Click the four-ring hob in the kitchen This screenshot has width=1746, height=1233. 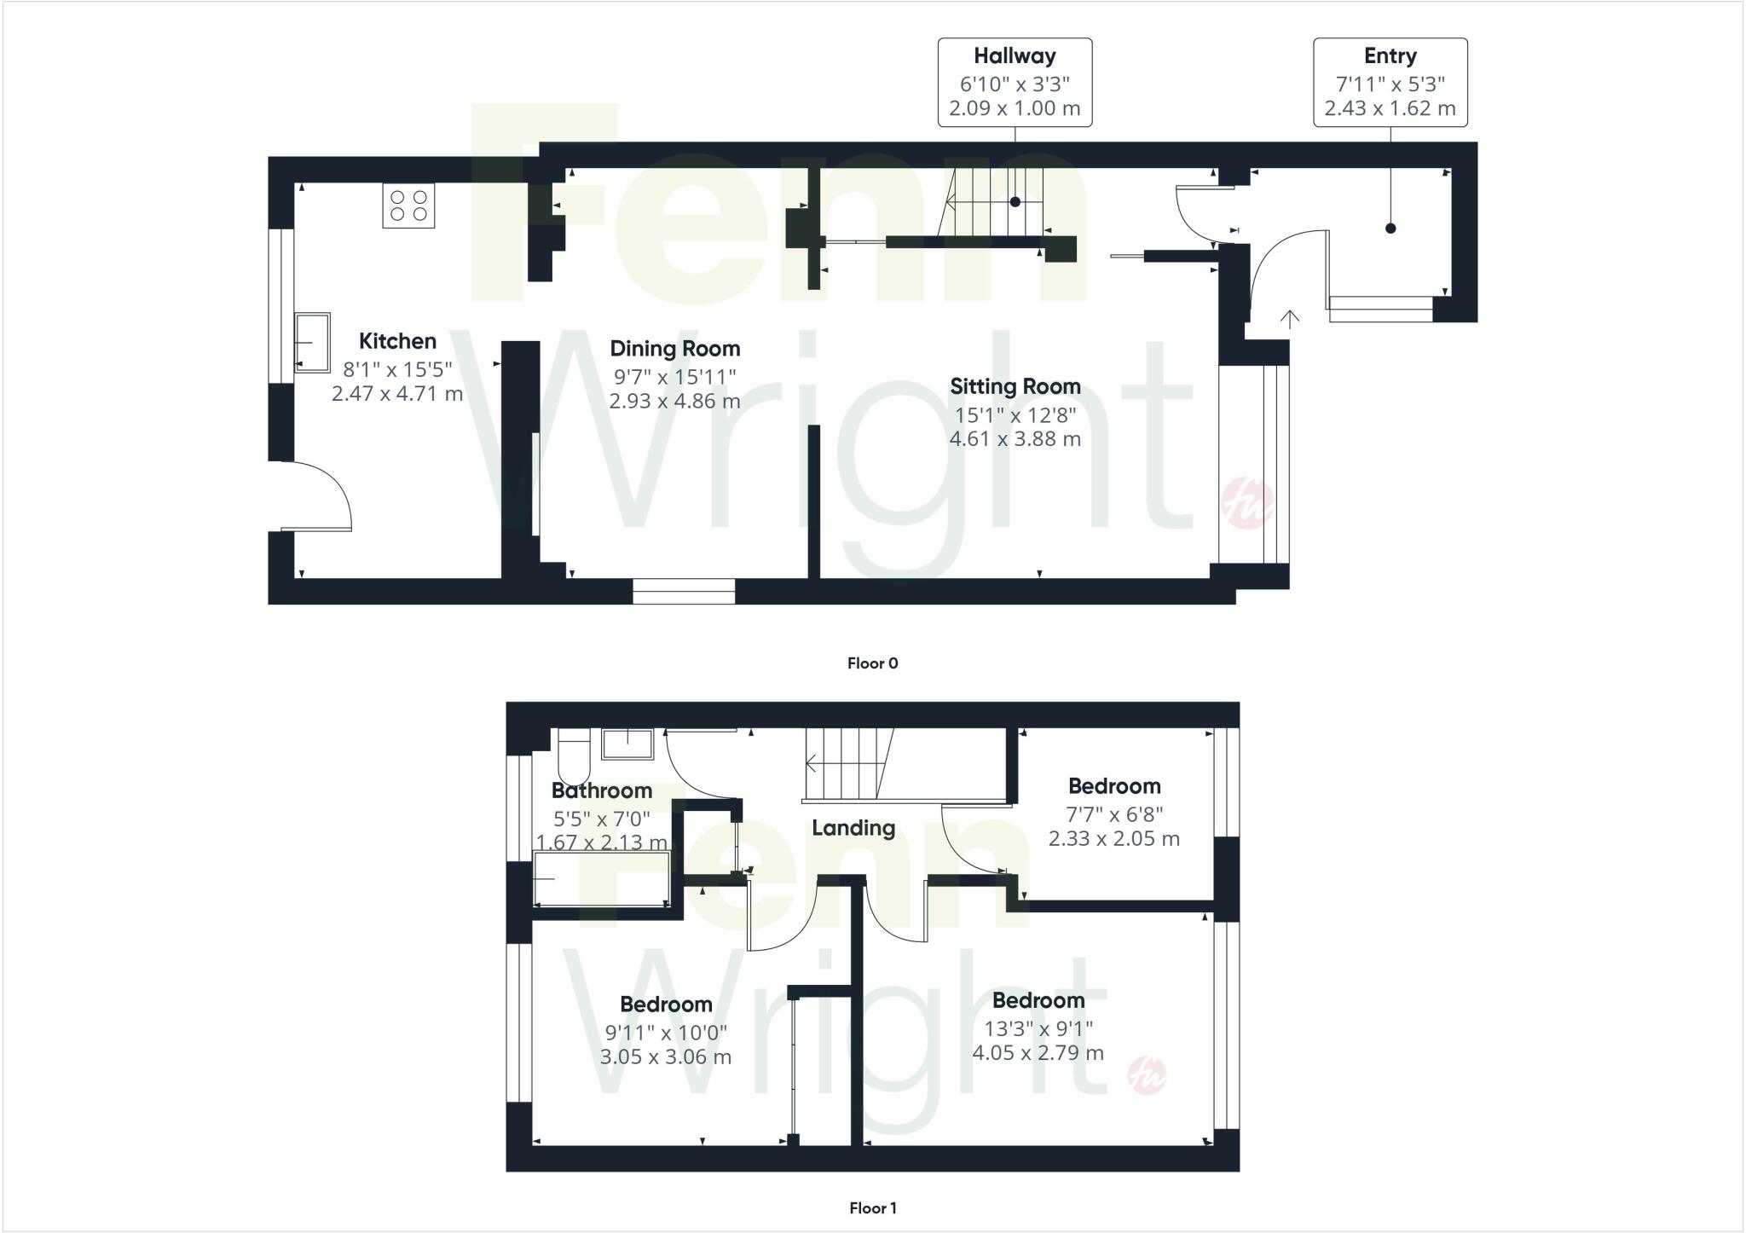pyautogui.click(x=408, y=205)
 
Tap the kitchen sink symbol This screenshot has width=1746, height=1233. pyautogui.click(x=312, y=342)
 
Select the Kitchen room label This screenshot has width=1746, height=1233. pyautogui.click(x=397, y=341)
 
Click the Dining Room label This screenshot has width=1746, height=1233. pyautogui.click(x=674, y=349)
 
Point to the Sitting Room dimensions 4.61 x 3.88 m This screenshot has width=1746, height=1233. pyautogui.click(x=1015, y=439)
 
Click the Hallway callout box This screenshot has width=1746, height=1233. pyautogui.click(x=1015, y=83)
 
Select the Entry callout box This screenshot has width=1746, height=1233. pyautogui.click(x=1390, y=83)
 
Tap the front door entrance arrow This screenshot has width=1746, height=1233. pyautogui.click(x=1290, y=320)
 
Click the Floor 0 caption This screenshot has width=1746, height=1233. pyautogui.click(x=872, y=663)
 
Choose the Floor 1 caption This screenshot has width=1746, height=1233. pyautogui.click(x=872, y=1207)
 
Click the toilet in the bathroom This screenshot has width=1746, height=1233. pyautogui.click(x=574, y=757)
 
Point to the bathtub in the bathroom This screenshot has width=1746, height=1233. pyautogui.click(x=601, y=878)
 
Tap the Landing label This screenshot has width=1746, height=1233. pyautogui.click(x=853, y=828)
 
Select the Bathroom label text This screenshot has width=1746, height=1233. pyautogui.click(x=602, y=790)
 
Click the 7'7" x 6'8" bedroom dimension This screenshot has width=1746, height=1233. pyautogui.click(x=1113, y=814)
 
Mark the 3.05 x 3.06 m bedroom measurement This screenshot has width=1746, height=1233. pyautogui.click(x=665, y=1057)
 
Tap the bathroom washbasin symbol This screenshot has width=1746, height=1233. pyautogui.click(x=627, y=744)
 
